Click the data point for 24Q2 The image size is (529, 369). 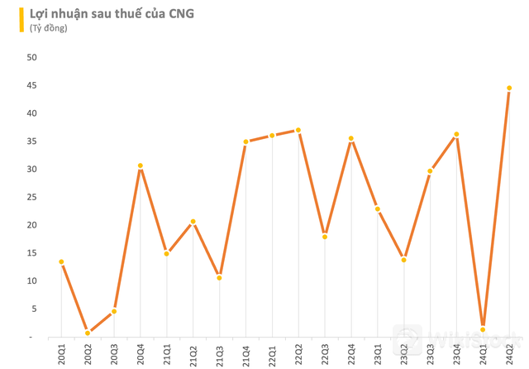click(x=509, y=88)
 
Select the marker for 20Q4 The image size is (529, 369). click(x=141, y=165)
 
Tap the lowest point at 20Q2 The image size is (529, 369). click(x=88, y=333)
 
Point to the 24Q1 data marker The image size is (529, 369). click(x=483, y=329)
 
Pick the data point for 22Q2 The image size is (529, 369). click(x=298, y=130)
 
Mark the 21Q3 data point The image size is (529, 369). click(x=220, y=277)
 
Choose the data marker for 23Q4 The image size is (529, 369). click(x=456, y=134)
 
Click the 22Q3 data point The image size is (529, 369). click(x=325, y=237)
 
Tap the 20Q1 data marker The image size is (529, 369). click(x=61, y=261)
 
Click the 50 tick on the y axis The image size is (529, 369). click(x=32, y=57)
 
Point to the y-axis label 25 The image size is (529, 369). click(x=32, y=197)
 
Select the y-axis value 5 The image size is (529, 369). click(x=35, y=309)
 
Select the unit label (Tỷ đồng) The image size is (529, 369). click(x=48, y=28)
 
